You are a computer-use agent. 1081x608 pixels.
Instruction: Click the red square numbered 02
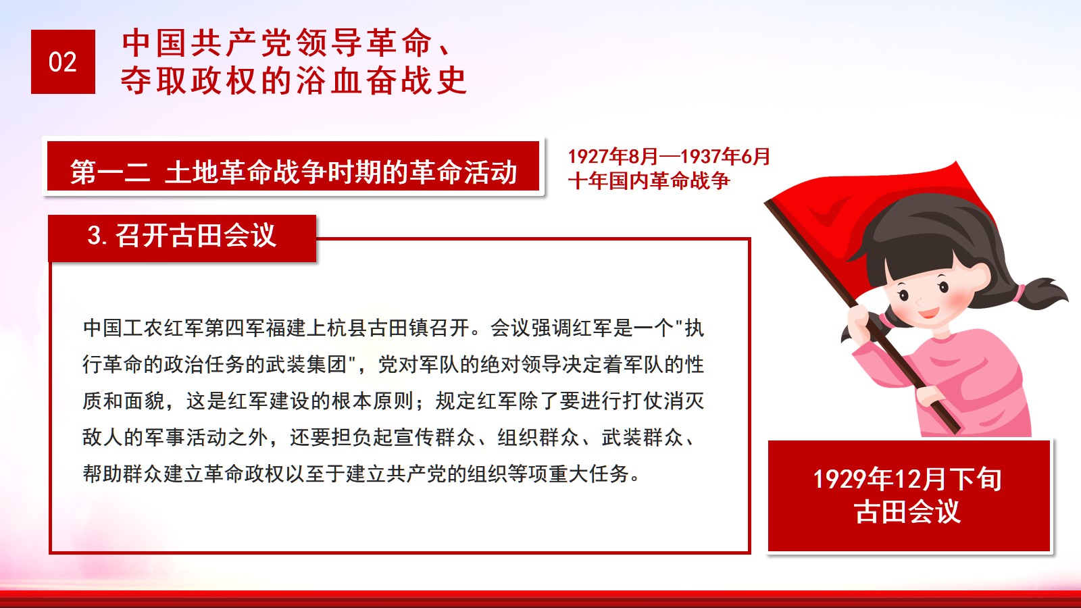tap(63, 61)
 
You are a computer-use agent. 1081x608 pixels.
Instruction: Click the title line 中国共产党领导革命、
tap(286, 43)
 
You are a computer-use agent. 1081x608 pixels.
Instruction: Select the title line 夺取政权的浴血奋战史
tap(293, 80)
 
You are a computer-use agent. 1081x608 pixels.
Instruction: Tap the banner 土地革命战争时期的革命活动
tap(341, 172)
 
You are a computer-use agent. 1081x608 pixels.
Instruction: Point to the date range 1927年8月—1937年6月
tap(669, 156)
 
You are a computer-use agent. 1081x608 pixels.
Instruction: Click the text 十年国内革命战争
tap(649, 181)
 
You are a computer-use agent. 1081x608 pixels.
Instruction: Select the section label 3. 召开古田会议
tap(182, 236)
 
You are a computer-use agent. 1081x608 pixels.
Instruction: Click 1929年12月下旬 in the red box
tap(907, 479)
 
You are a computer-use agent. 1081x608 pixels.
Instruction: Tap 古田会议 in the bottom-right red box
tap(907, 511)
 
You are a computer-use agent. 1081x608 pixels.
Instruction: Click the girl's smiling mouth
tap(928, 313)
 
